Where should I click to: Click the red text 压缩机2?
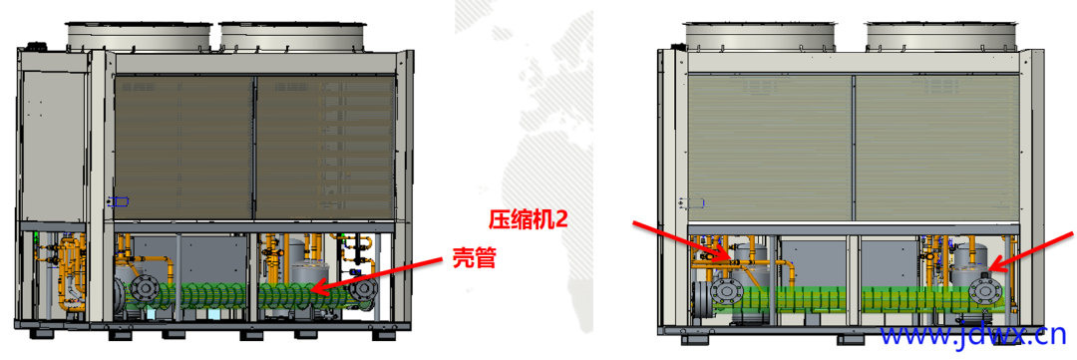click(x=528, y=218)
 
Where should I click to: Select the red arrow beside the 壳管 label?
click(x=379, y=274)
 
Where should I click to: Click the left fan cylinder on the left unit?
click(x=139, y=35)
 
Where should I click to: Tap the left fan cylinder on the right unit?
click(x=761, y=35)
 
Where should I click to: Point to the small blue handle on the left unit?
click(x=119, y=201)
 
